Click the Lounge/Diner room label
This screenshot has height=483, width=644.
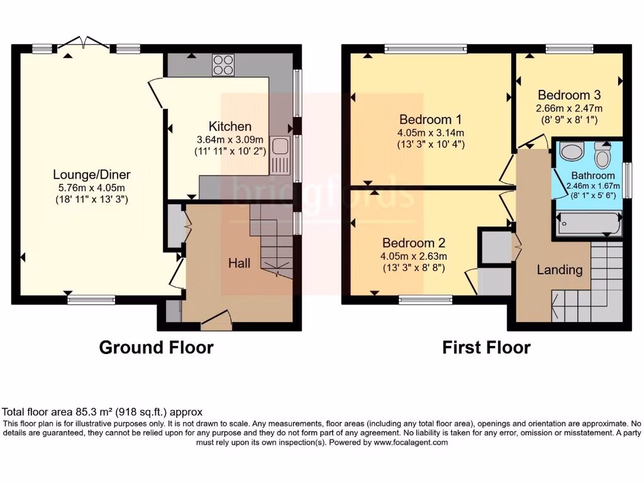coord(91,175)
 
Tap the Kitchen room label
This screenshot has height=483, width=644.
coord(230,126)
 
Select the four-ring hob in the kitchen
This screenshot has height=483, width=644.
coord(223,64)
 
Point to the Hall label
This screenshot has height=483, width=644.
coord(239,263)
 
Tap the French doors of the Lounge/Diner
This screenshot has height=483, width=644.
coord(83,46)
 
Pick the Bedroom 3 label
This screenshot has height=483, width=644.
coord(569,95)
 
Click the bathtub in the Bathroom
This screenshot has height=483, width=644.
coord(587,223)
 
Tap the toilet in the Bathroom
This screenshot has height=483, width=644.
coord(602,153)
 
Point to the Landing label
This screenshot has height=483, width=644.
coord(559,270)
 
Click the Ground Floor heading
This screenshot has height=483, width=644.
coord(156,347)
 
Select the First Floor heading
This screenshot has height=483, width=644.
coord(486,347)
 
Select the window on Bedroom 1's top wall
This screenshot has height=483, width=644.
coord(426,48)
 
